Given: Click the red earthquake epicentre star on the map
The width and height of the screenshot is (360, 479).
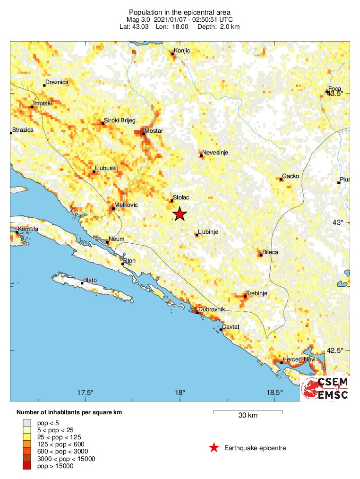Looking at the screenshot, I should tap(180, 214).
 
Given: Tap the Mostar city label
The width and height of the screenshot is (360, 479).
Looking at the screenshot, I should tap(154, 130).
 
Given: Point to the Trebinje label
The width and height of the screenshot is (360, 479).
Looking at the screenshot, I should tap(257, 293).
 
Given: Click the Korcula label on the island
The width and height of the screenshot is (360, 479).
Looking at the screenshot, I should tap(28, 229).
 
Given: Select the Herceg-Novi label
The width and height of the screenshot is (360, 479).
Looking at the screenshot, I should tap(299, 360).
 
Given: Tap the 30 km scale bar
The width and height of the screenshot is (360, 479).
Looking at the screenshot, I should tap(248, 412).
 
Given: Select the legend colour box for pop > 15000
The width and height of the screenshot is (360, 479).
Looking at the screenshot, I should tap(26, 466).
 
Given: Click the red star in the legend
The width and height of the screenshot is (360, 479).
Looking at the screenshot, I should tap(214, 448).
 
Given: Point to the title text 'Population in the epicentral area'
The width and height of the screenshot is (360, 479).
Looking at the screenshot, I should tap(180, 12).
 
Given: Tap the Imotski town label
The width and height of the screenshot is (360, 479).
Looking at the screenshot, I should tap(42, 103).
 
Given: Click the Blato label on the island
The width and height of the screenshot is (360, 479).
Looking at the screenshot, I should tap(90, 280).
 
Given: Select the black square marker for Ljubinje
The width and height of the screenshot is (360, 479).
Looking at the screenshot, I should tap(197, 235).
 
